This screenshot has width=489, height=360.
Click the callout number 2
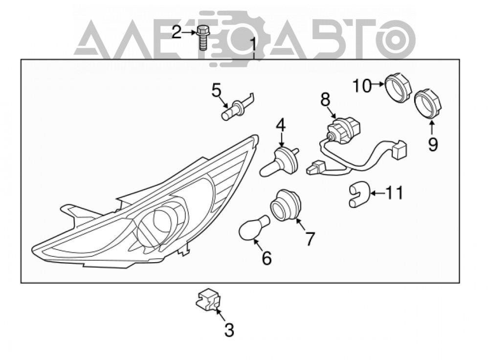pyautogui.click(x=177, y=32)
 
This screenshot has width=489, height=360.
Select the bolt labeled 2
pyautogui.click(x=202, y=38)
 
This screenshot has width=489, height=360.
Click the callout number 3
pyautogui.click(x=229, y=330)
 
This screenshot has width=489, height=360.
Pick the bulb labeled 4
pyautogui.click(x=279, y=162)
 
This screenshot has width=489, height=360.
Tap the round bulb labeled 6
pyautogui.click(x=254, y=228)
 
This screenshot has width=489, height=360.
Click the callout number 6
pyautogui.click(x=267, y=258)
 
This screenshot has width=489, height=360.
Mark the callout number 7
pyautogui.click(x=310, y=239)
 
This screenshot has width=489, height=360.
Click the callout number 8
pyautogui.click(x=325, y=100)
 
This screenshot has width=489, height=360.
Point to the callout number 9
pyautogui.click(x=433, y=144)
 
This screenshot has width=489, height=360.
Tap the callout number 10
pyautogui.click(x=362, y=86)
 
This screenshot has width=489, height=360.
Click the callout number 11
pyautogui.click(x=395, y=193)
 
